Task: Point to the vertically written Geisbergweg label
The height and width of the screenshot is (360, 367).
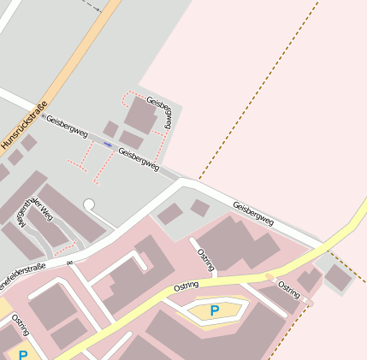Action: (163, 112)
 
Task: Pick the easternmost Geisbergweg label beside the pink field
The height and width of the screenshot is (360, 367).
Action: (253, 213)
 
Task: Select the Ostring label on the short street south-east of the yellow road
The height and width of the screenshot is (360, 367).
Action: (288, 290)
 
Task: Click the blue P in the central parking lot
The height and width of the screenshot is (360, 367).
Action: (215, 310)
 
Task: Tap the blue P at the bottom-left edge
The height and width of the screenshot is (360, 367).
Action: (23, 354)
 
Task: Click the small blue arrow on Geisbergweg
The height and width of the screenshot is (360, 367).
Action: (108, 145)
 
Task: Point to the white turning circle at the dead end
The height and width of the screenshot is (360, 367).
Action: (89, 204)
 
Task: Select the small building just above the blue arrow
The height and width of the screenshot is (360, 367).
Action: (110, 129)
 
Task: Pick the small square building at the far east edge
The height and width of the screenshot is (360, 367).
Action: (339, 276)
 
